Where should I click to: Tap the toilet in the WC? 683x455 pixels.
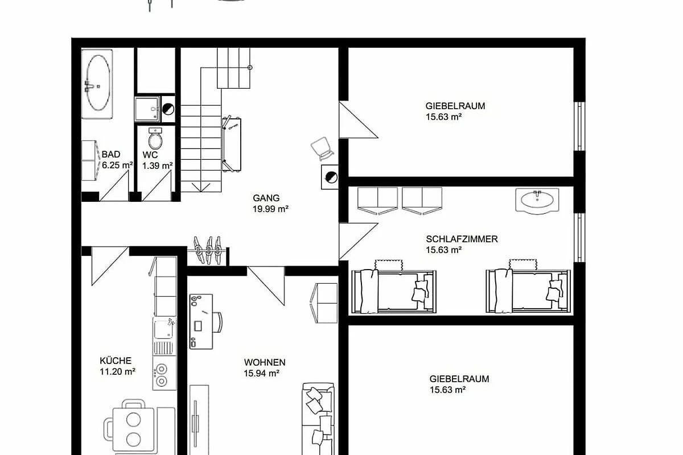155,139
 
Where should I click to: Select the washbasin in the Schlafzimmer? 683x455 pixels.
537,200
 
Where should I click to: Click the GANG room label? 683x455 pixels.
266,198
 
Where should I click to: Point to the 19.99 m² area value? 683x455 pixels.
270,209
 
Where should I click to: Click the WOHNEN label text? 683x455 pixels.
265,362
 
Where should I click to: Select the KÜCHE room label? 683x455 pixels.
116,361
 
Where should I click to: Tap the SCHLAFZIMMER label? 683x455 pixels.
462,239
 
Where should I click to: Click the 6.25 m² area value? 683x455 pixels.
117,165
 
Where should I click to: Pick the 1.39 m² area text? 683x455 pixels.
157,166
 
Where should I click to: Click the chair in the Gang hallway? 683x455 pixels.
322,148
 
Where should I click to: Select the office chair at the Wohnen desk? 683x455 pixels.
217,322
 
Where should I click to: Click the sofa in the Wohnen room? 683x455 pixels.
318,419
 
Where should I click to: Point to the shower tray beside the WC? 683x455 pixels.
147,109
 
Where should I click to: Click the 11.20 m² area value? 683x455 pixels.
117,372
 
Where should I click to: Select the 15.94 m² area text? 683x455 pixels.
262,373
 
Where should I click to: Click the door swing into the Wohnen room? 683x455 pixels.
266,286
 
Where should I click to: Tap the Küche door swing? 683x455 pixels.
109,266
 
